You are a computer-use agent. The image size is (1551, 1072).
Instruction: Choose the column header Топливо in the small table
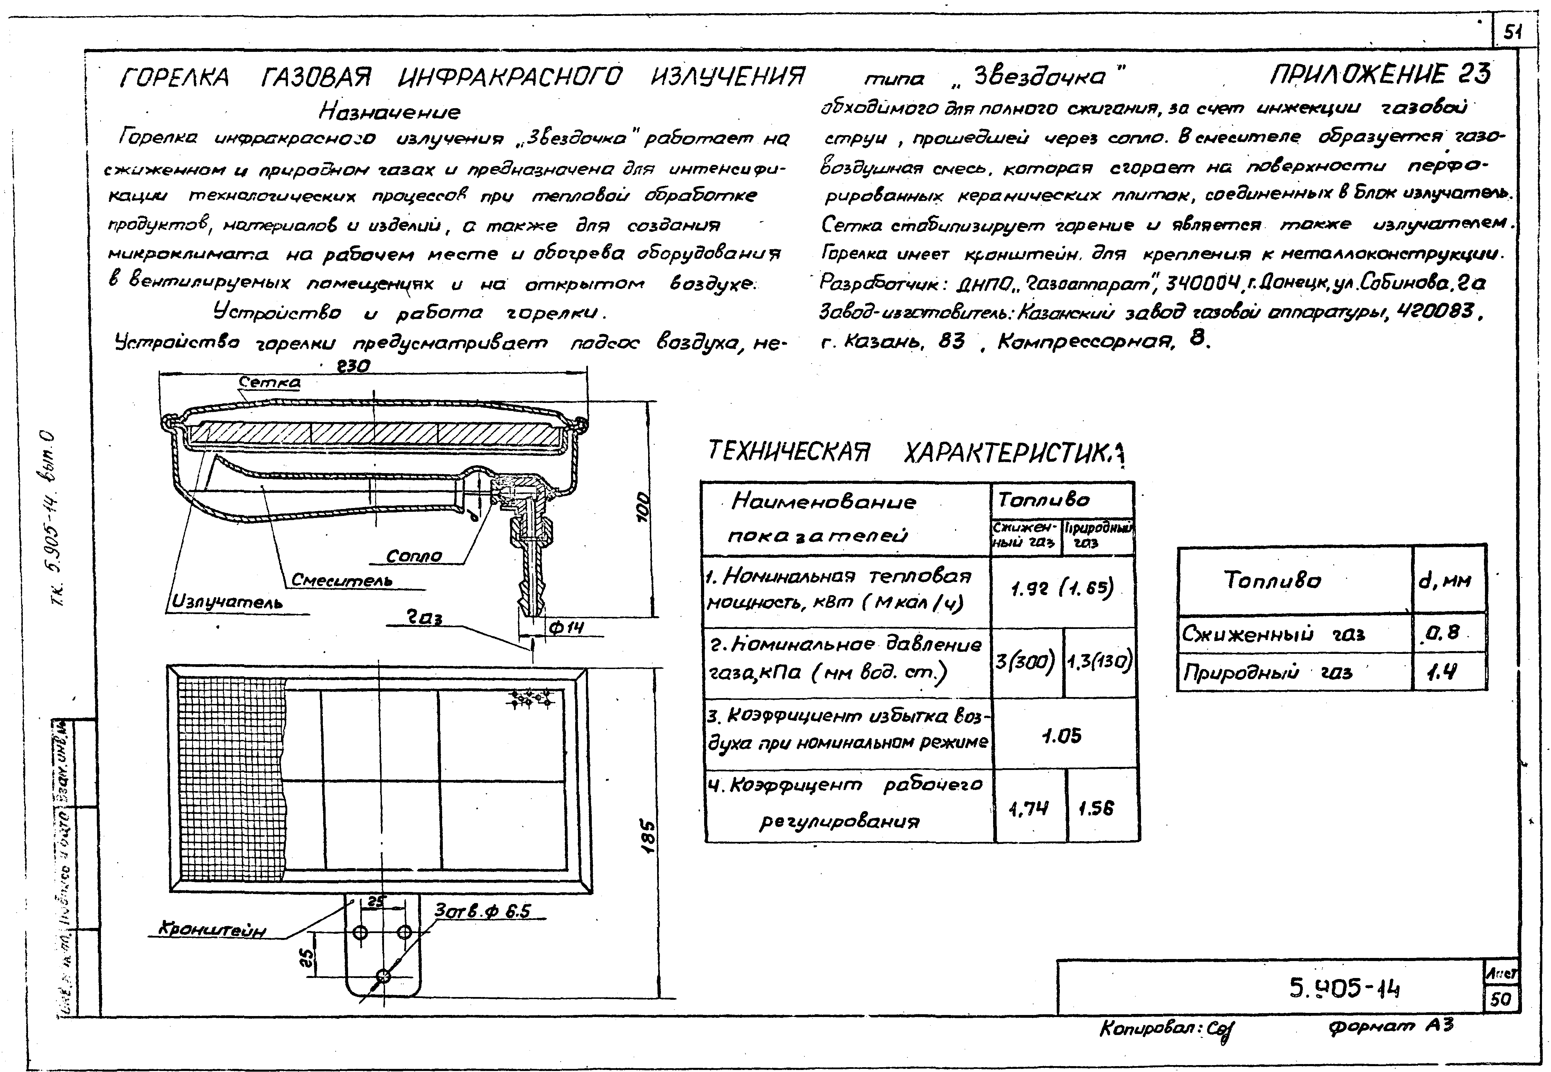tap(1272, 580)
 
